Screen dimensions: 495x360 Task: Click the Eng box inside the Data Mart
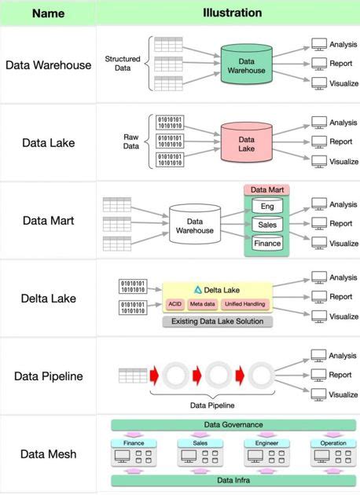pos(267,206)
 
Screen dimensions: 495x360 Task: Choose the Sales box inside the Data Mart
pos(267,225)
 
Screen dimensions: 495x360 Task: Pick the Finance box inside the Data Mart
pos(267,244)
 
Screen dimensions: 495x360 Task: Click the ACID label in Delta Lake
pos(175,304)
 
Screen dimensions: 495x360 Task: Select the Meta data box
pos(202,304)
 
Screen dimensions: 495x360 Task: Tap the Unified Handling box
pos(244,304)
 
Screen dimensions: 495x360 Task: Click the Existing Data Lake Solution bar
pos(217,321)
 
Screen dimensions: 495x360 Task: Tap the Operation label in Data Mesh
pos(328,443)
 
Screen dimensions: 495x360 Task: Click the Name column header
pos(48,13)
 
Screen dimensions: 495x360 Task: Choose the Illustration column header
pos(232,13)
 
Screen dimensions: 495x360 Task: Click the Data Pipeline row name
pos(48,376)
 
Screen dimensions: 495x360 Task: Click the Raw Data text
pos(130,141)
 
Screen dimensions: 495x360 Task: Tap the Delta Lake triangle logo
pos(198,289)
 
